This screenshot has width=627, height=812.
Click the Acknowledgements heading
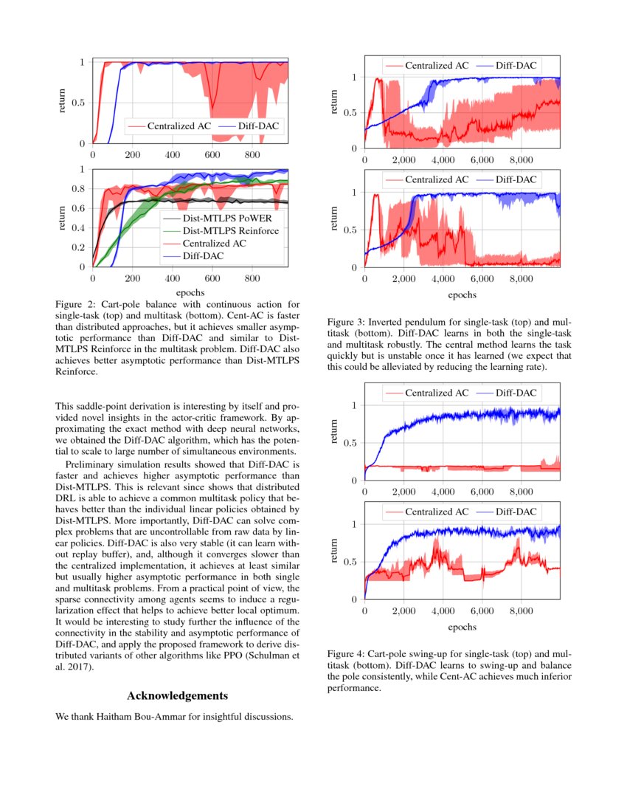tap(177, 695)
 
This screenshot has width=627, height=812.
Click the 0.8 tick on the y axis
tap(80, 188)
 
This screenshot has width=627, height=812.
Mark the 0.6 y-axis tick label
tap(80, 207)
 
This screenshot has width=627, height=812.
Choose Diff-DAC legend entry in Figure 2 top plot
tap(257, 126)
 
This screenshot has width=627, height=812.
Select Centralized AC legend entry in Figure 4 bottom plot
tap(436, 512)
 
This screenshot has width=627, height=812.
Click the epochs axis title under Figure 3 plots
tap(462, 295)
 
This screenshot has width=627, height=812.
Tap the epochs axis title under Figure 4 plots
tap(462, 627)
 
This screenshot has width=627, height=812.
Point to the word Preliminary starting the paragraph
tap(93, 464)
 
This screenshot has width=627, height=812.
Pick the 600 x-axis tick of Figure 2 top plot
tap(212, 156)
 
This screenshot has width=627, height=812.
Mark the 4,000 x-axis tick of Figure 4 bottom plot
tap(443, 612)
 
